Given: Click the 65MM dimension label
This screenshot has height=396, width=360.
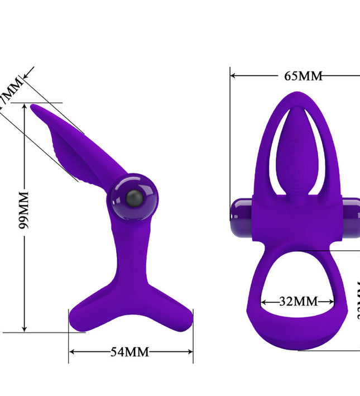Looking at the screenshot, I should tap(303, 76).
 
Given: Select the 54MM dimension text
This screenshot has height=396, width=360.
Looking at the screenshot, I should tap(129, 352).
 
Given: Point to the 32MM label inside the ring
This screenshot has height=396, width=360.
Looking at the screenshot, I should tap(298, 301).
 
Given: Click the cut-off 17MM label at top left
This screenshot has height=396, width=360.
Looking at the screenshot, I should tap(10, 92).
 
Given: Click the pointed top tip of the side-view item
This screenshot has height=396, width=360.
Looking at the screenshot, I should tap(33, 106).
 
